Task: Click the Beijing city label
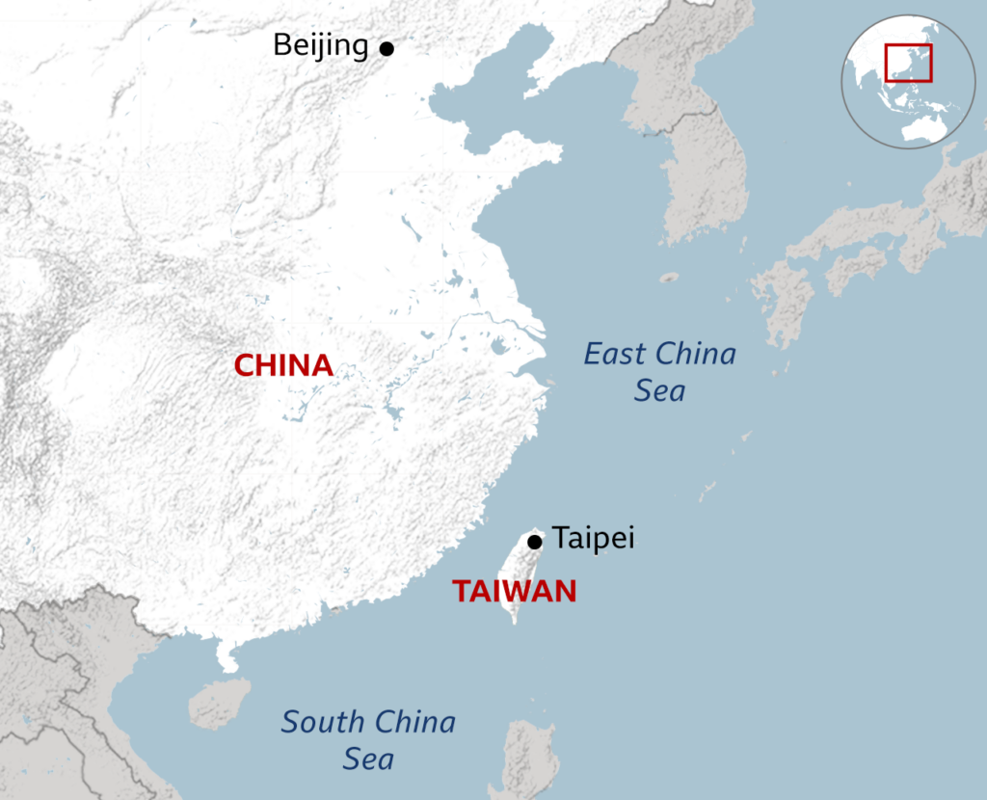click(x=320, y=45)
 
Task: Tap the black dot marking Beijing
click(x=387, y=48)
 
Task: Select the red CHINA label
click(x=284, y=366)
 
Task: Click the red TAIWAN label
click(x=515, y=591)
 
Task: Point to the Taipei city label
click(x=593, y=538)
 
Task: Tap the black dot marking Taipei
click(x=535, y=543)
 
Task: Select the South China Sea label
click(x=368, y=739)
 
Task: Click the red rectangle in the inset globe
click(x=908, y=63)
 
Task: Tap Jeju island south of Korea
click(x=669, y=278)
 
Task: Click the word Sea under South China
click(x=368, y=759)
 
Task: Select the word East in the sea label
click(x=614, y=354)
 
